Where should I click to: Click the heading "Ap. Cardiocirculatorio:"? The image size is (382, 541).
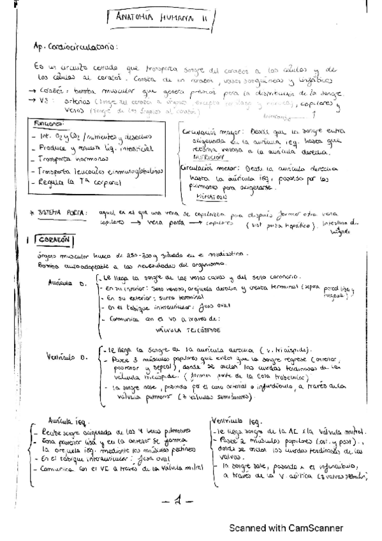(x=76, y=47)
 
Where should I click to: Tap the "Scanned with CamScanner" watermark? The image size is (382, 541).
(x=286, y=528)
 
